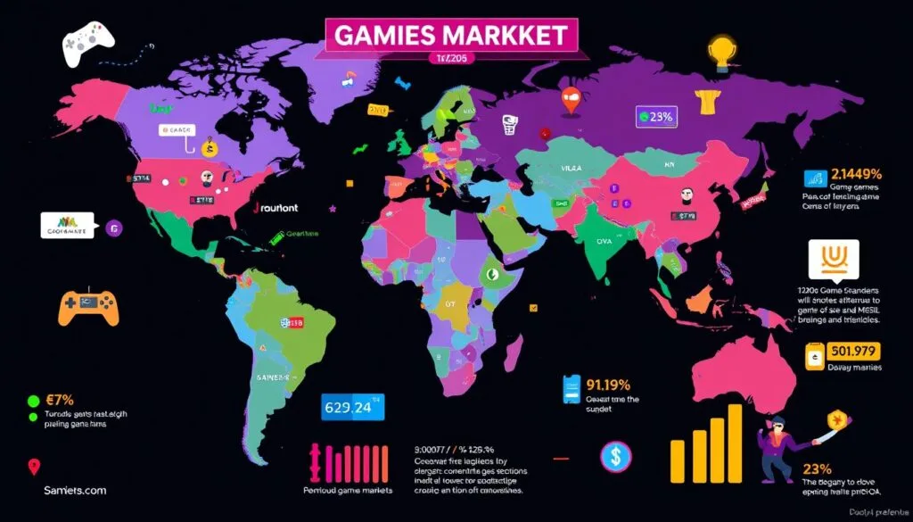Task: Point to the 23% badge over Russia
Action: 656,115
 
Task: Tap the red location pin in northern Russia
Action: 572,100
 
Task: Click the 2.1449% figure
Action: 855,173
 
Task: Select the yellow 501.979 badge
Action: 854,351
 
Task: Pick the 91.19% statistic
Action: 609,385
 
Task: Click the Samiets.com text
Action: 75,490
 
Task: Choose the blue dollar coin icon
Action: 613,455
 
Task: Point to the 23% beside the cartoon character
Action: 817,468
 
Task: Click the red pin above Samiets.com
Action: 34,465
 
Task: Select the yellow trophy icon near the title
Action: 720,52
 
